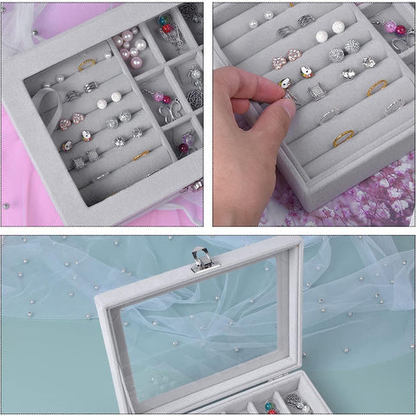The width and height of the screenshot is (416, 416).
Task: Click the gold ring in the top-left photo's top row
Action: click(x=87, y=63)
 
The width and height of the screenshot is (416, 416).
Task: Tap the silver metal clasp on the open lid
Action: click(x=201, y=259)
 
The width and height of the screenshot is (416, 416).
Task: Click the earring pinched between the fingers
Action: click(x=285, y=84)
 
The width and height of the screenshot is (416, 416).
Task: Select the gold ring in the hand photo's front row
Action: click(x=343, y=136)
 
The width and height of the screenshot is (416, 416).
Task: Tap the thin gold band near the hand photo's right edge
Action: click(x=376, y=87)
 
